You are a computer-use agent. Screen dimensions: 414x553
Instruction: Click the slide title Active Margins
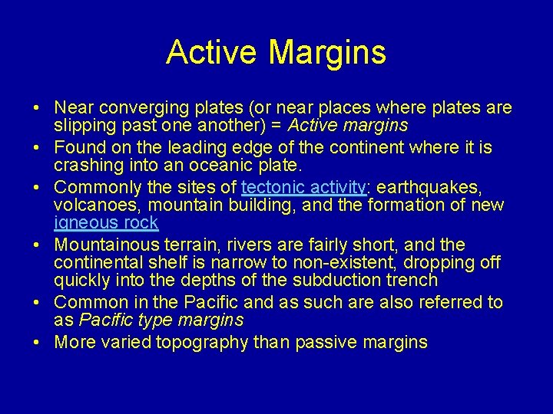point(276,52)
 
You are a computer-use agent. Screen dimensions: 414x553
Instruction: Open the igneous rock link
point(106,223)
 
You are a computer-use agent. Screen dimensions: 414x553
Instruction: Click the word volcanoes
point(98,205)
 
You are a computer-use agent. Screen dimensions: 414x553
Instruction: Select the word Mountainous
point(105,245)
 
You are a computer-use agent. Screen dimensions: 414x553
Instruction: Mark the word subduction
point(338,281)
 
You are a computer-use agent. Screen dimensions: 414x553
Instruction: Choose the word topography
point(204,342)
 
